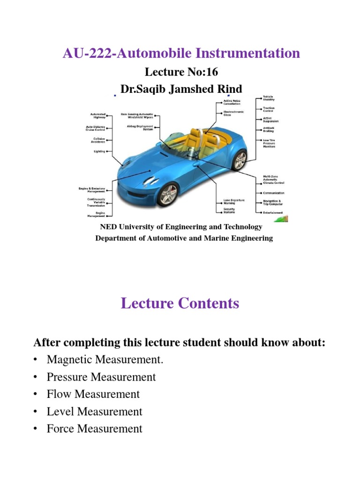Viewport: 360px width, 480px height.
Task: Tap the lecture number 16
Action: tap(211, 72)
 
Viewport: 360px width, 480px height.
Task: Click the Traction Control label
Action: tap(268, 110)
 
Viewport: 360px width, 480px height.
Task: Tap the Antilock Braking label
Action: tap(269, 130)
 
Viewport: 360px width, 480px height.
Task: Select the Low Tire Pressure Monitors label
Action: tap(269, 143)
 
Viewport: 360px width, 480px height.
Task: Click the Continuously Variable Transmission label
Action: tap(96, 202)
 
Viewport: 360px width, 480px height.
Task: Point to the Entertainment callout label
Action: tap(273, 212)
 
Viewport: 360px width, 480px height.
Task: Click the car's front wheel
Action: tap(168, 194)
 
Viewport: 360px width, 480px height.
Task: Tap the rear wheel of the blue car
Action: tap(240, 160)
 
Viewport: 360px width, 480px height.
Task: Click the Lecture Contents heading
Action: tap(180, 303)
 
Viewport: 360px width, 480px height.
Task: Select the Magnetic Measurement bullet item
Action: tap(106, 360)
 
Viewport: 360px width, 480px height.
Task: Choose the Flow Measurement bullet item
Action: tap(93, 394)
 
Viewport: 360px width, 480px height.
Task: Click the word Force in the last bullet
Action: tap(60, 428)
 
